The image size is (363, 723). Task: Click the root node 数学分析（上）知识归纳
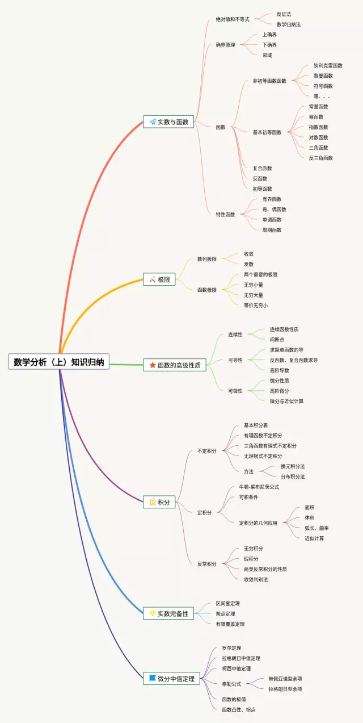coord(59,362)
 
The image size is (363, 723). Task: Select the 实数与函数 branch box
coord(168,122)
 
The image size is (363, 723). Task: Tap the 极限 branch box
coord(160,279)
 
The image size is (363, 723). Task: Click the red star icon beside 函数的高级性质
coord(153,365)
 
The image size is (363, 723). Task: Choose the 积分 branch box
coord(160,502)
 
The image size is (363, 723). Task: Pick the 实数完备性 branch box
coord(168,613)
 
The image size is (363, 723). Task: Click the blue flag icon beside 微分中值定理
coord(153,678)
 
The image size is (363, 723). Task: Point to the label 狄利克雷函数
coord(328,65)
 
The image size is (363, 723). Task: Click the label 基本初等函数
coord(267,132)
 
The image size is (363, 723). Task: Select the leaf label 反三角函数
coord(320,158)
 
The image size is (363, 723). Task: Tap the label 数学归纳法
coord(289,24)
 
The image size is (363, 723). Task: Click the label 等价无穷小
coord(256,305)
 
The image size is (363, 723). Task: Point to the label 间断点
coord(277,340)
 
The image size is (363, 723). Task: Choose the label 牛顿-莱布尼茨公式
coord(261,487)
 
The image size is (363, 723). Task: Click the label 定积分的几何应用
coord(258,523)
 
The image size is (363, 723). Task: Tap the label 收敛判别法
coord(256,579)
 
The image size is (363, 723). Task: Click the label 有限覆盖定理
coord(230,624)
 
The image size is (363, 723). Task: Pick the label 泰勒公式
coord(231,684)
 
